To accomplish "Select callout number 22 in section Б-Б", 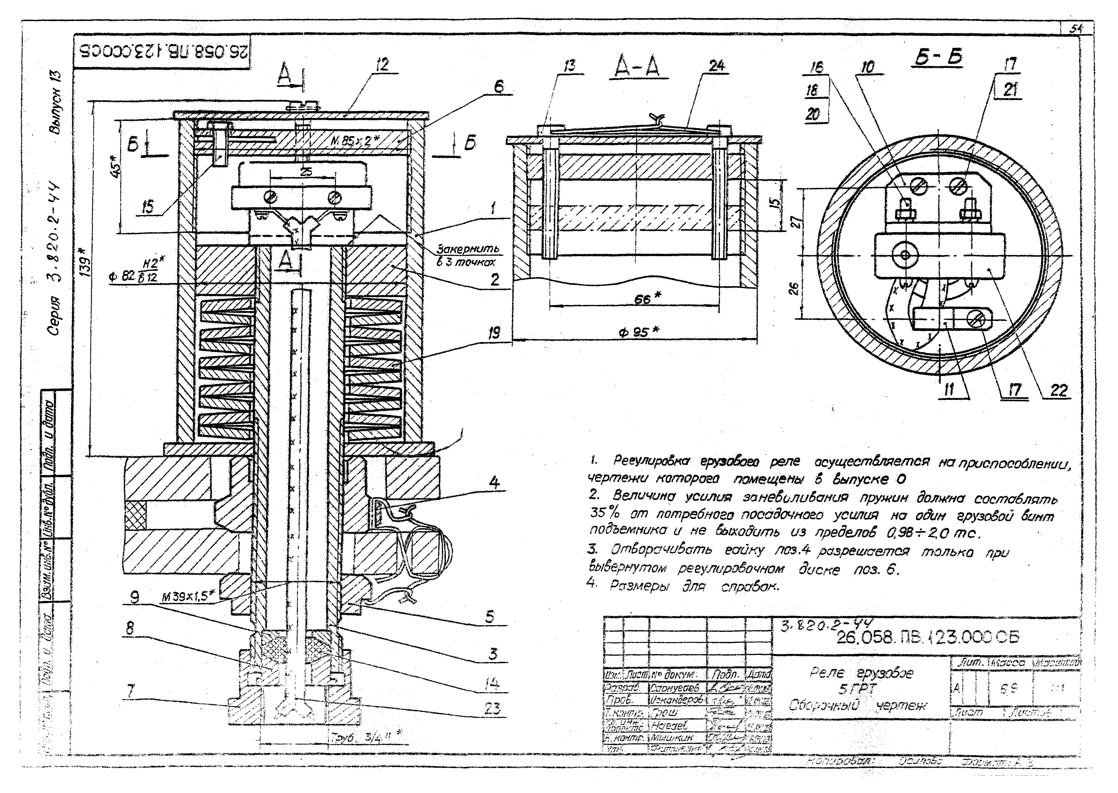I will tap(1058, 391).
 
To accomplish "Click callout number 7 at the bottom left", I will tap(131, 691).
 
